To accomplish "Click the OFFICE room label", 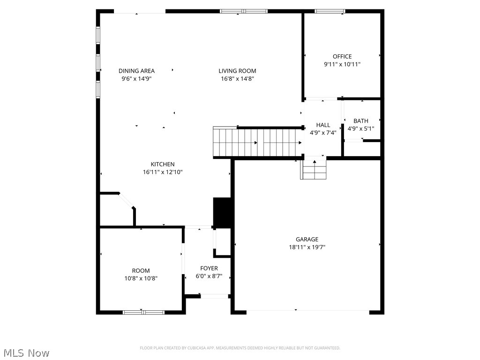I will [342, 57].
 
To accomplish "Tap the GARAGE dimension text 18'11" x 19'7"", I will [307, 247].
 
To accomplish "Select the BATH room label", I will [360, 121].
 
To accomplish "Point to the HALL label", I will [323, 125].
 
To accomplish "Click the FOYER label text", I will [209, 269].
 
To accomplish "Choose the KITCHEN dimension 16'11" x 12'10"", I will [163, 172].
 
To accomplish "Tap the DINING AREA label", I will [136, 71].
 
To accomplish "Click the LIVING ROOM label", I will [237, 71].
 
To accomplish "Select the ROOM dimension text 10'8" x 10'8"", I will [141, 278].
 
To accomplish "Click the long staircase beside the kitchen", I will [257, 142].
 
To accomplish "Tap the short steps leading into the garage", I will [314, 169].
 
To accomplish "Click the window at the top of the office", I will [330, 11].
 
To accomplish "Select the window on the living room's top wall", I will [243, 11].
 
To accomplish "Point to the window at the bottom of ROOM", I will [143, 312].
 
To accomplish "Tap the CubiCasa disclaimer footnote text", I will [240, 348].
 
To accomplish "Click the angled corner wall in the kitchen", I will [127, 201].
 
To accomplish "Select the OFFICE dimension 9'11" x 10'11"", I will [342, 65].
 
